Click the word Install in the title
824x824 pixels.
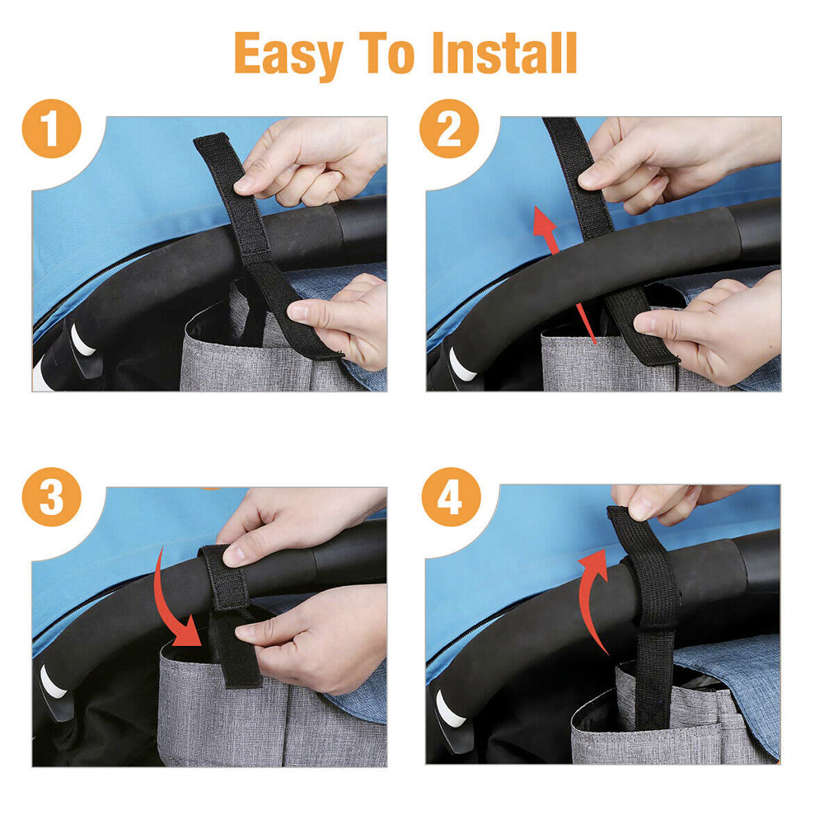coord(503,55)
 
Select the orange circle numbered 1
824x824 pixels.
coord(52,129)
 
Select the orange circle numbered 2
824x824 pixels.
coord(449,129)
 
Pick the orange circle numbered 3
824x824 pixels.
coord(52,499)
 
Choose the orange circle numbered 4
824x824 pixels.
coord(449,499)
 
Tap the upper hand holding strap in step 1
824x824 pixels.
coord(309,161)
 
